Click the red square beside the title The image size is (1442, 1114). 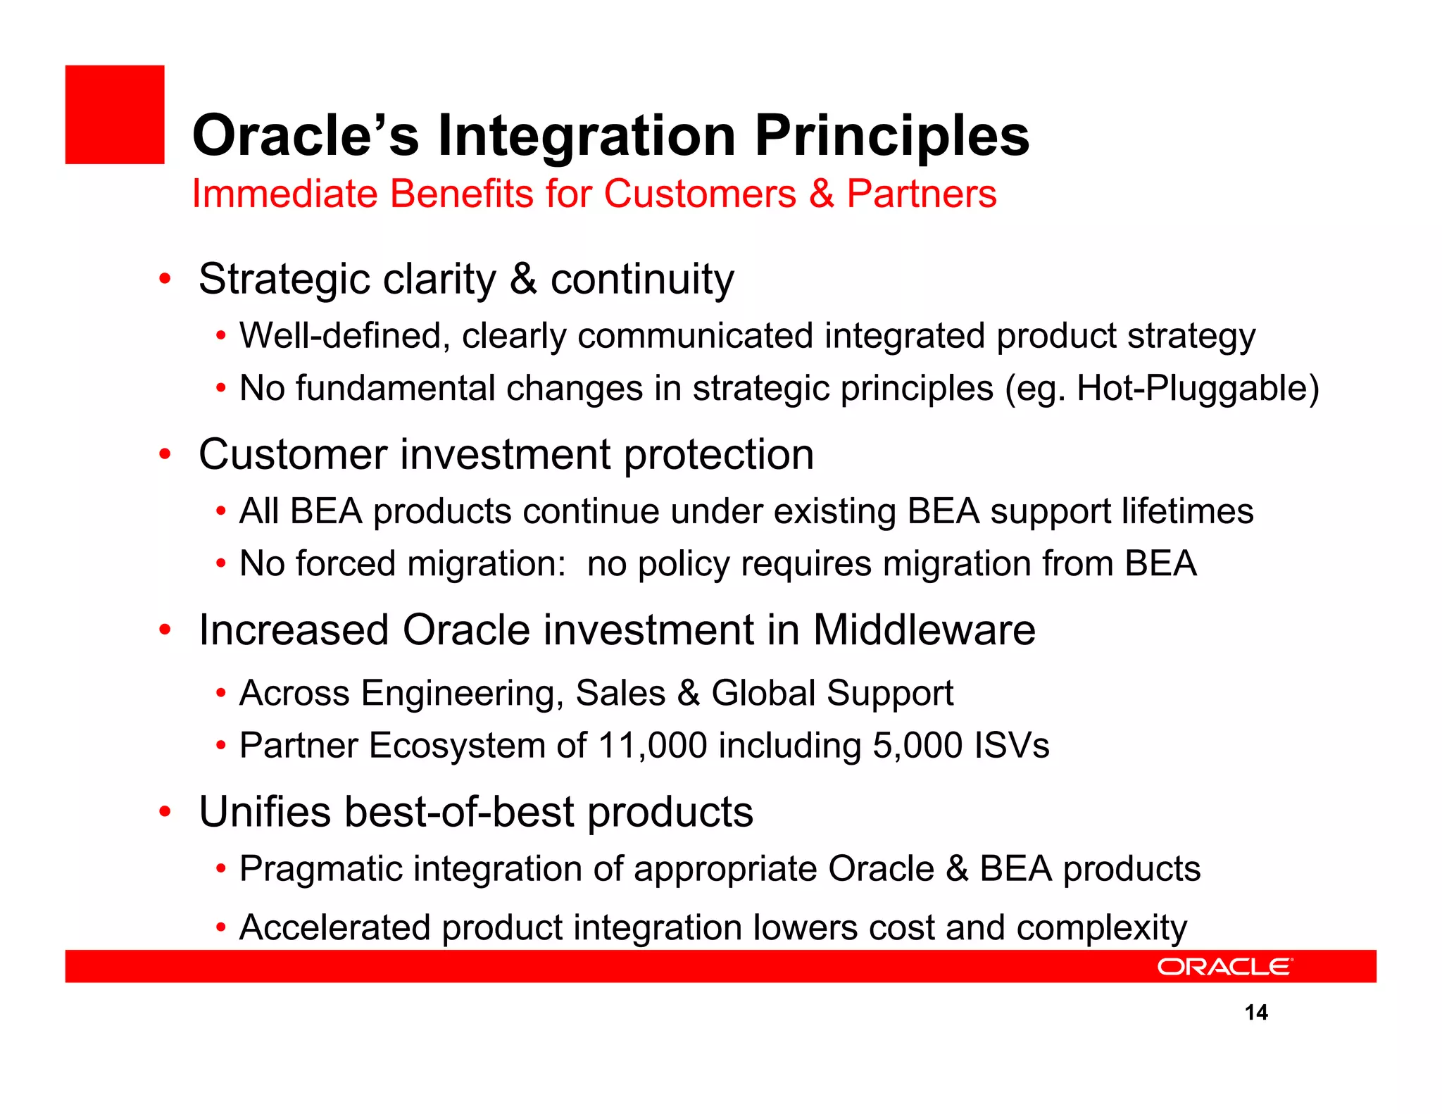coord(115,115)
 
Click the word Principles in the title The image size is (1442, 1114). coord(892,135)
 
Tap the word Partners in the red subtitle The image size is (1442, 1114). coord(921,194)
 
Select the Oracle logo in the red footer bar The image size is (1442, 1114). coord(1224,967)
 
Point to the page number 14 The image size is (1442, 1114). coord(1256,1013)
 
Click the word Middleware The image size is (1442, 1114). coord(924,630)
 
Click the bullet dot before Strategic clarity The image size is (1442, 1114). coord(165,279)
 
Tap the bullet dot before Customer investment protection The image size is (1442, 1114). coord(165,454)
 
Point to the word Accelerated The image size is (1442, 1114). coord(334,927)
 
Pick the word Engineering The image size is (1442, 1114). coord(462,694)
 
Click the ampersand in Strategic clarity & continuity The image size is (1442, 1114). coord(523,280)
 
